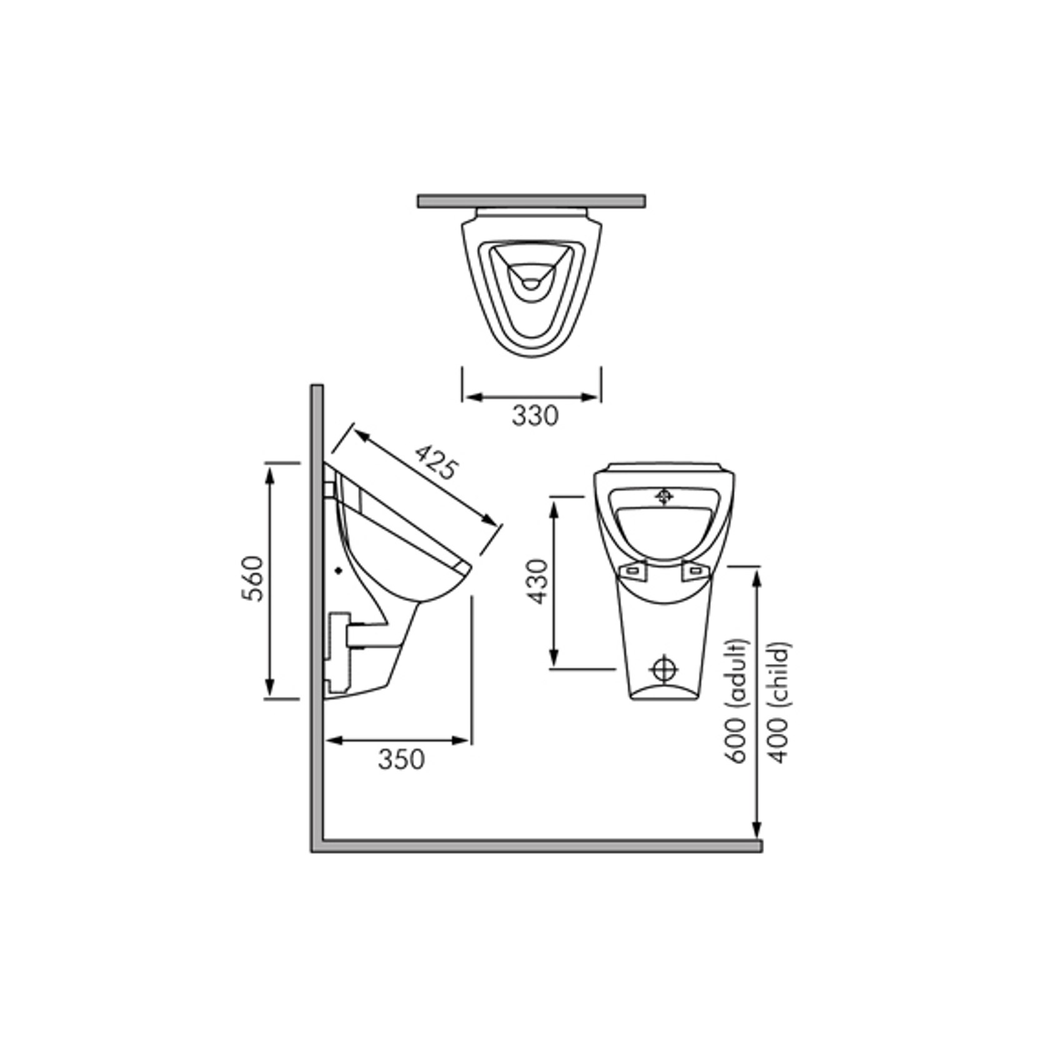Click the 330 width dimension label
coord(535,415)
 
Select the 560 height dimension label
coord(254,578)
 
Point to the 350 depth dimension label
coord(401,759)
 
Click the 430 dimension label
coord(537,582)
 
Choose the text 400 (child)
coord(779,702)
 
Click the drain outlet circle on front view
coord(663,669)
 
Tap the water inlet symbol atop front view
coord(663,497)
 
